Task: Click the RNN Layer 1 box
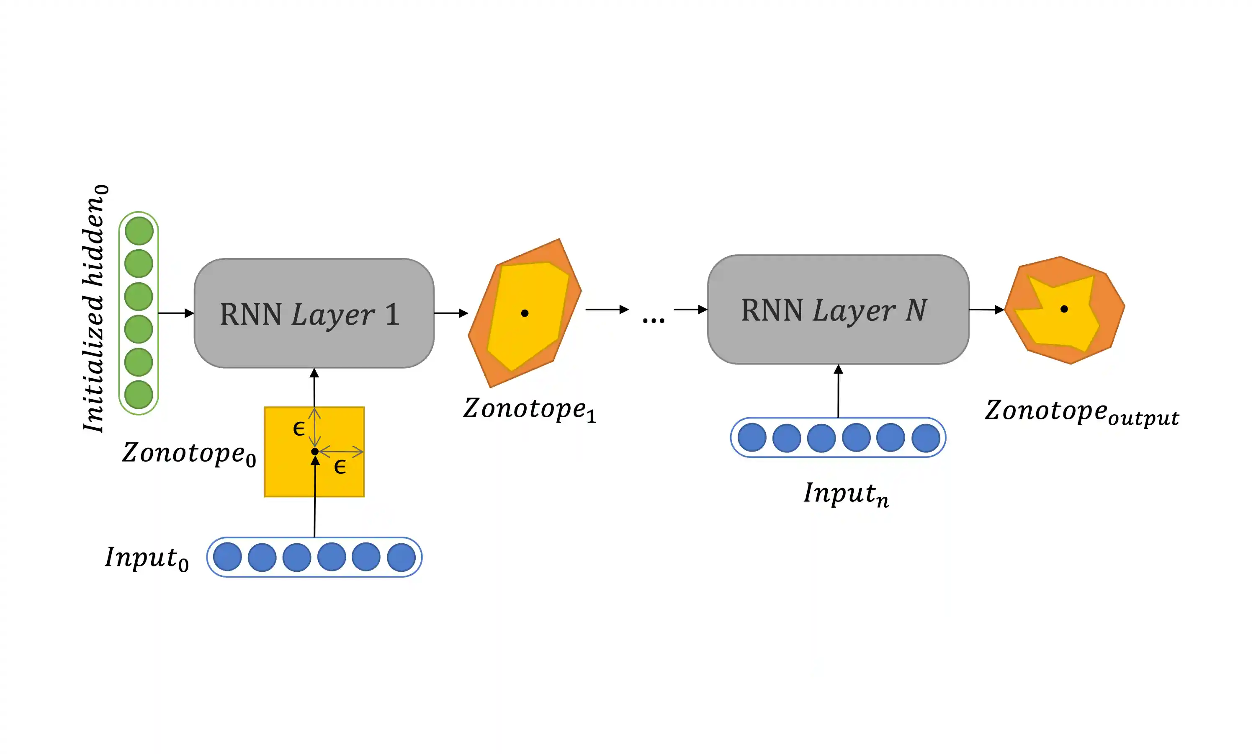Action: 314,313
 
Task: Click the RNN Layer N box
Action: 838,310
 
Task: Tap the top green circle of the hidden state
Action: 139,231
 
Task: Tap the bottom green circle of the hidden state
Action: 139,394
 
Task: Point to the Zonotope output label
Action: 1081,412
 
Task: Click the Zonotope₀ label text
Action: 189,453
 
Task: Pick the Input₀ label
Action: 147,558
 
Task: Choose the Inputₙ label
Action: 846,493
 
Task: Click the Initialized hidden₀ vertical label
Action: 95,308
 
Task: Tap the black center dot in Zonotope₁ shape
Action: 525,313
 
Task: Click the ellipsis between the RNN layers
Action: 654,320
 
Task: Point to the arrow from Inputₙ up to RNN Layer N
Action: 838,391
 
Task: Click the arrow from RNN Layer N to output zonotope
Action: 986,310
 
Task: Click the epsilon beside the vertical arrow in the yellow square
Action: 299,429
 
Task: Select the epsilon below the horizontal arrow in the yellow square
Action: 340,466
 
